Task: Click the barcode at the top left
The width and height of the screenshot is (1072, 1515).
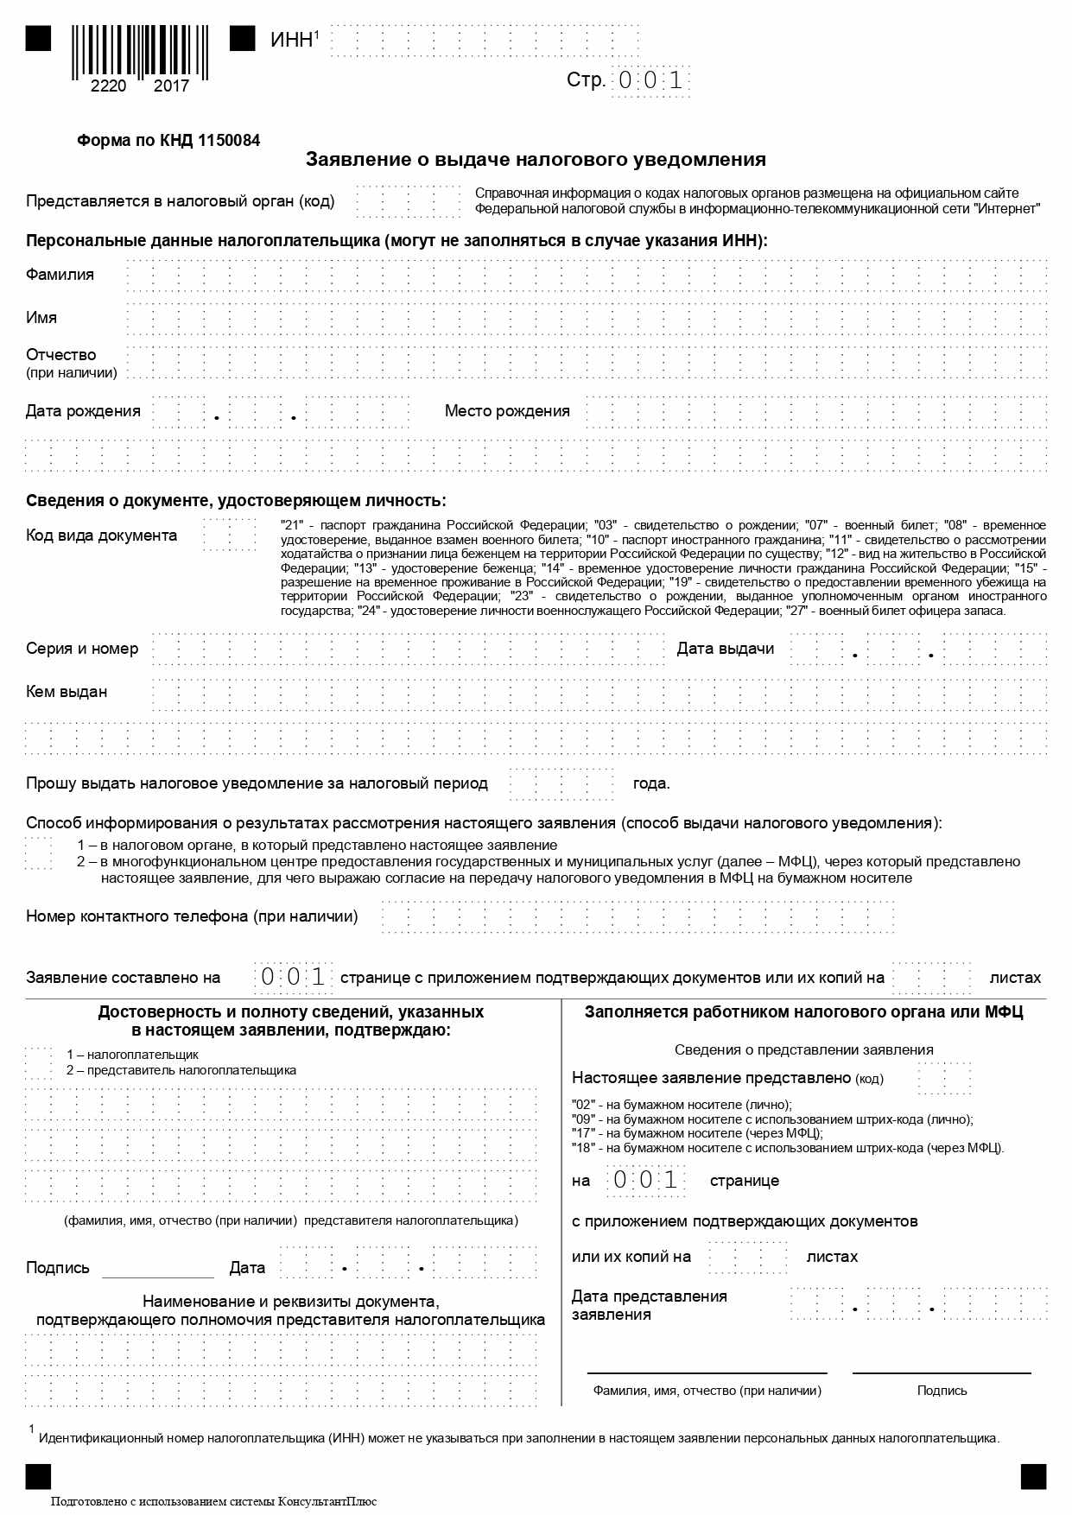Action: [139, 54]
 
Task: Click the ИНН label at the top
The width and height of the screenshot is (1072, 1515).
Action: [291, 41]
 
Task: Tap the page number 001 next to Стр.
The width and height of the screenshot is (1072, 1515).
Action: [650, 81]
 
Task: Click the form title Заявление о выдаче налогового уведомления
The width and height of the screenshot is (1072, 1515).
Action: [536, 160]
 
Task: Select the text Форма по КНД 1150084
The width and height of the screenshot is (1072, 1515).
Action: [168, 141]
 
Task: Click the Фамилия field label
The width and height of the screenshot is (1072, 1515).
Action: [60, 275]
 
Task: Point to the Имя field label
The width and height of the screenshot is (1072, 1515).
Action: [41, 318]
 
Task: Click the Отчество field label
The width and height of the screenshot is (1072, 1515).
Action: [61, 355]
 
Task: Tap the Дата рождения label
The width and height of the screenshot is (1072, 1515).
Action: [83, 411]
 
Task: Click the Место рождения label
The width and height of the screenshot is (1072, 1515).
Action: [507, 411]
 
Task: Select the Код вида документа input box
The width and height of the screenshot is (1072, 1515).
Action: [229, 536]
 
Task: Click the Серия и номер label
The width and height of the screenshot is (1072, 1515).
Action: [82, 649]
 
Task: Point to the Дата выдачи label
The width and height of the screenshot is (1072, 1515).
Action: [726, 649]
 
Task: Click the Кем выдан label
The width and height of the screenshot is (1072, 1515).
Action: [67, 692]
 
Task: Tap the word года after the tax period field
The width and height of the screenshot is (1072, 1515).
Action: [651, 784]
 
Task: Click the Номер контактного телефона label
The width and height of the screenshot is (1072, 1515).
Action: [192, 916]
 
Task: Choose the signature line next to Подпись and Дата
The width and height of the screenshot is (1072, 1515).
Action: [158, 1270]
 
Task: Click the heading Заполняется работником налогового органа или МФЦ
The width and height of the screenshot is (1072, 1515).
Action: [803, 1012]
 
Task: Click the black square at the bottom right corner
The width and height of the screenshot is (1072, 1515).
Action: [1033, 1476]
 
